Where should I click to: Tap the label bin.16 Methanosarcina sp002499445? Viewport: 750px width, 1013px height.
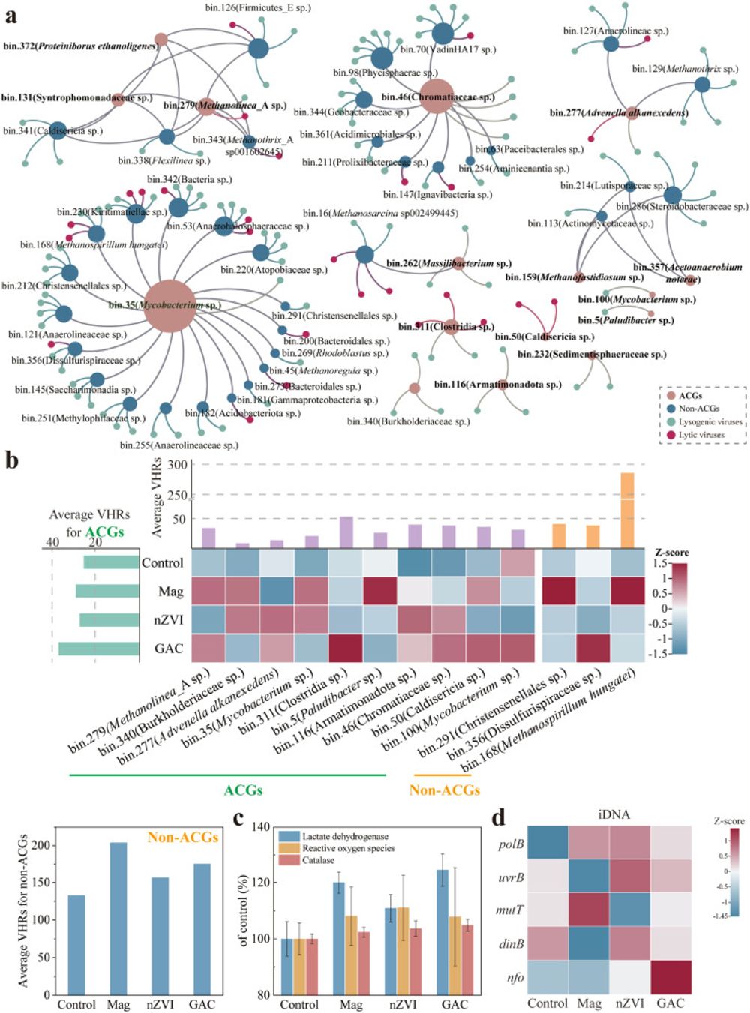[380, 214]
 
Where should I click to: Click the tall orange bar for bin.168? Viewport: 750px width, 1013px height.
[627, 511]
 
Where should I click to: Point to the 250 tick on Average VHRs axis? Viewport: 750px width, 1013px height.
[177, 495]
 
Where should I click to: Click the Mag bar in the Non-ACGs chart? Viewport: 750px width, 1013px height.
[118, 919]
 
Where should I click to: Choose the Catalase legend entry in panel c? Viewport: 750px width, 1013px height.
[318, 860]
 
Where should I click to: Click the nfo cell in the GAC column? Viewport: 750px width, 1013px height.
[670, 978]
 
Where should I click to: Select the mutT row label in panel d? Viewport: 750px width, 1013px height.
[510, 910]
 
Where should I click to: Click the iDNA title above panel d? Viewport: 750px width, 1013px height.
[613, 814]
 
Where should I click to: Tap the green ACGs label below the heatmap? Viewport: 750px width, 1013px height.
[243, 790]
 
